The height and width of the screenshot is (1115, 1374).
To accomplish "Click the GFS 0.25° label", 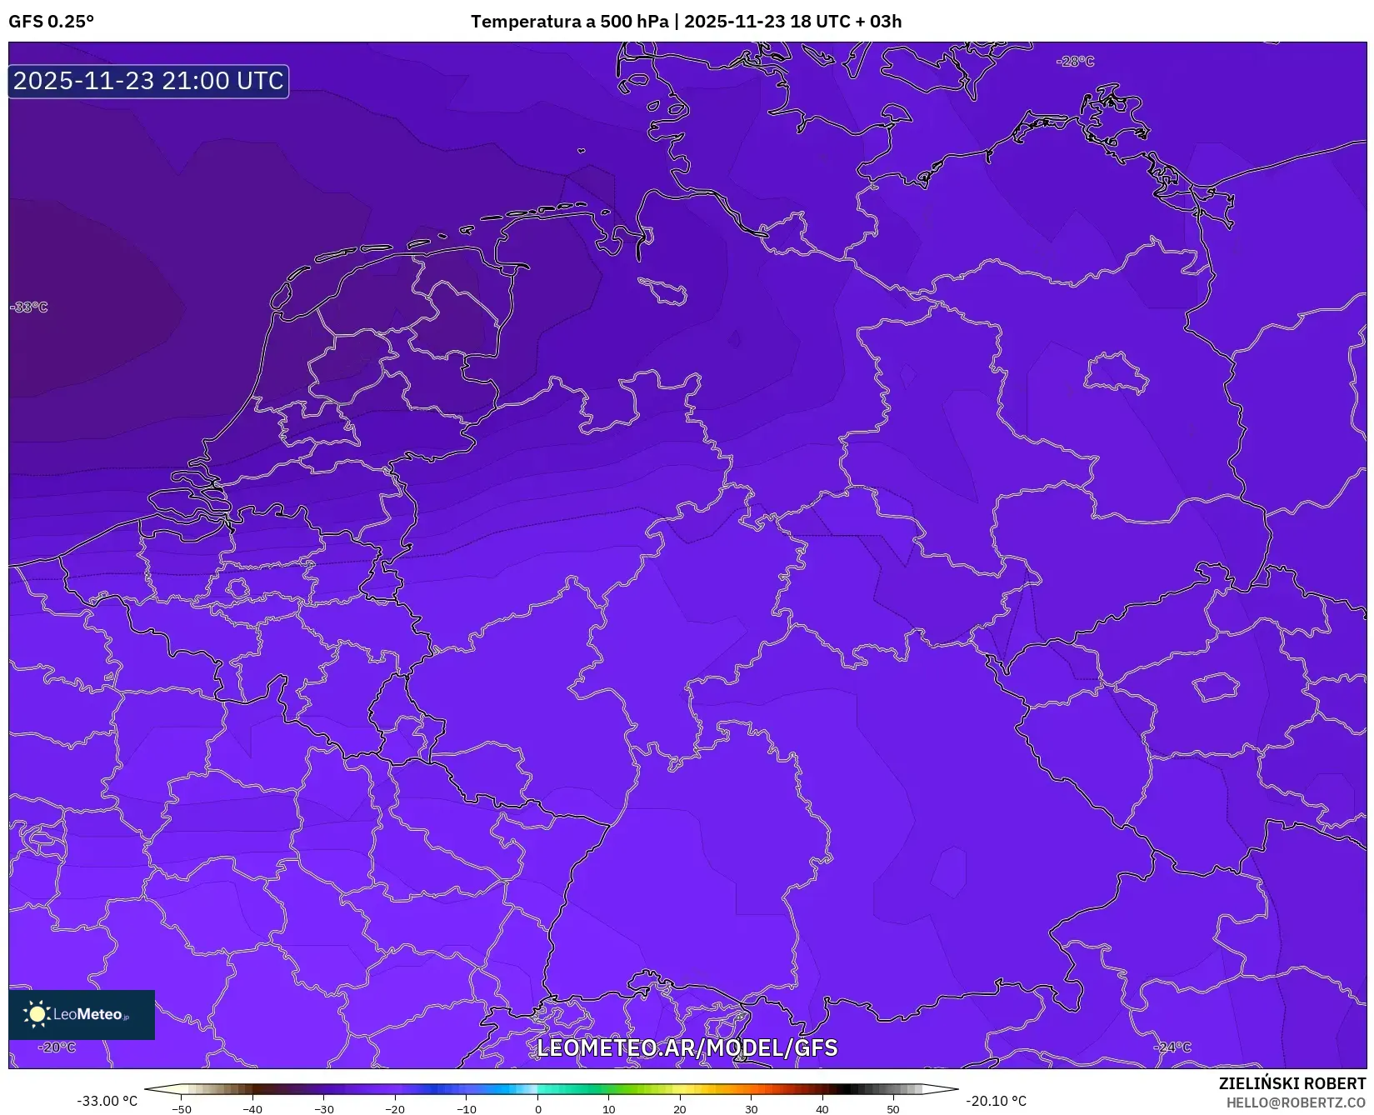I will pyautogui.click(x=51, y=22).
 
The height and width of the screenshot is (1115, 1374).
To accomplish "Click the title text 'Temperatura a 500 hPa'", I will pyautogui.click(x=569, y=22).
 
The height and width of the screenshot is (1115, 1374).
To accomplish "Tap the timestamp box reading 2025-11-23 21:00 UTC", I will pyautogui.click(x=148, y=81).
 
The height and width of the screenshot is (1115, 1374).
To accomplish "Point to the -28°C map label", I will pyautogui.click(x=1075, y=62).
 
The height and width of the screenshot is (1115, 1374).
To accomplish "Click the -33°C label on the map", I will pyautogui.click(x=29, y=307).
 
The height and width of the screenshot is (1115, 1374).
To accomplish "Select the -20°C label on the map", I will pyautogui.click(x=57, y=1047).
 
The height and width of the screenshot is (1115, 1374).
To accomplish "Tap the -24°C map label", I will pyautogui.click(x=1172, y=1047).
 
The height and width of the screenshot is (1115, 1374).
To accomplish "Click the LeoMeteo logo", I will pyautogui.click(x=82, y=1014).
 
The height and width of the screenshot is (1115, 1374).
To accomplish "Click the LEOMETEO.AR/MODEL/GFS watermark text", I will pyautogui.click(x=687, y=1047).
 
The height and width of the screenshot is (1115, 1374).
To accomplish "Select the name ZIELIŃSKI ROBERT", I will pyautogui.click(x=1292, y=1083).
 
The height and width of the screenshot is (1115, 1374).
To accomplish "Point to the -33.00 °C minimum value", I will pyautogui.click(x=107, y=1101).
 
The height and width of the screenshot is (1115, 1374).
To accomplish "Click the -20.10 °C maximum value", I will pyautogui.click(x=996, y=1101).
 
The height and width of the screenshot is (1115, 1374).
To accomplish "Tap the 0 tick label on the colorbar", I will pyautogui.click(x=538, y=1109).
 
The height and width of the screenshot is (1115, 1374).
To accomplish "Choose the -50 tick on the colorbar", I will pyautogui.click(x=181, y=1109).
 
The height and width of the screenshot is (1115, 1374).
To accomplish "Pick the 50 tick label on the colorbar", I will pyautogui.click(x=893, y=1109).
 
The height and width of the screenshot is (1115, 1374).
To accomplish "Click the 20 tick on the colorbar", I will pyautogui.click(x=680, y=1109).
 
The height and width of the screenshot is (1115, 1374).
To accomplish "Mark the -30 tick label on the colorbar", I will pyautogui.click(x=323, y=1109).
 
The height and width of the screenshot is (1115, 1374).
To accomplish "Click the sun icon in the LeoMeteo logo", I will pyautogui.click(x=37, y=1014).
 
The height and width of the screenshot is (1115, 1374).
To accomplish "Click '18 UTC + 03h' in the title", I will pyautogui.click(x=846, y=22).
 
